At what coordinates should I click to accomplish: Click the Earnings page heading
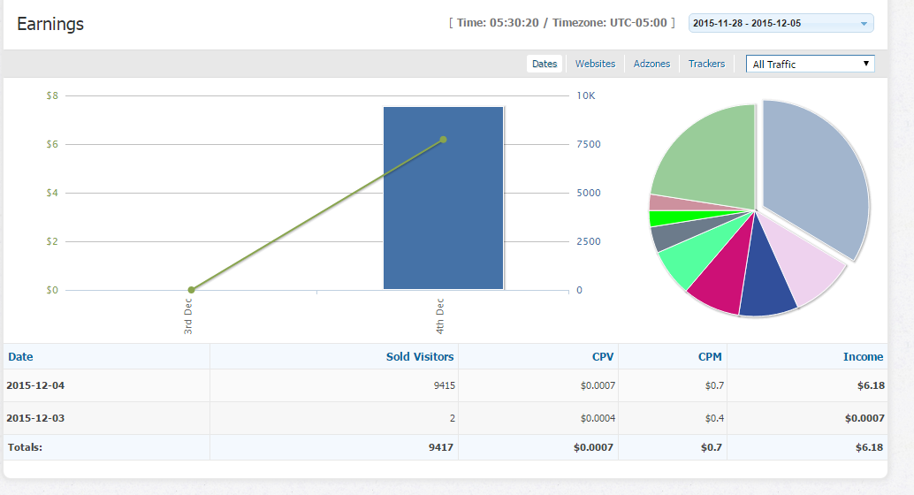click(x=50, y=24)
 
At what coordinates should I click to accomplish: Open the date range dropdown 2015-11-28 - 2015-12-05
click(x=781, y=23)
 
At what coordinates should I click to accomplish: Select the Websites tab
click(x=595, y=64)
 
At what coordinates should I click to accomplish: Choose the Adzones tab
click(x=651, y=64)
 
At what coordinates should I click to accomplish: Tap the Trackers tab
click(x=706, y=64)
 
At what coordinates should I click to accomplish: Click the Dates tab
click(x=545, y=64)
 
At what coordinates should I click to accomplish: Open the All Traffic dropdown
click(x=810, y=64)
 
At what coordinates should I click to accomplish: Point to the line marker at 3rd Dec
click(x=191, y=290)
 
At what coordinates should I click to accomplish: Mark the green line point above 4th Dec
click(x=443, y=139)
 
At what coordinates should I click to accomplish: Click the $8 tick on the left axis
click(x=52, y=95)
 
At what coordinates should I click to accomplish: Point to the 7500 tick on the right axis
click(x=588, y=144)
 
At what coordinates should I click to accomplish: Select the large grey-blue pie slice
click(x=818, y=177)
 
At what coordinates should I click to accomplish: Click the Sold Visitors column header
click(x=420, y=357)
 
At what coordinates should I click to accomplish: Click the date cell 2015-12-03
click(x=35, y=418)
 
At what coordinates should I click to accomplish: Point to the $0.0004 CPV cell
click(x=598, y=418)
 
